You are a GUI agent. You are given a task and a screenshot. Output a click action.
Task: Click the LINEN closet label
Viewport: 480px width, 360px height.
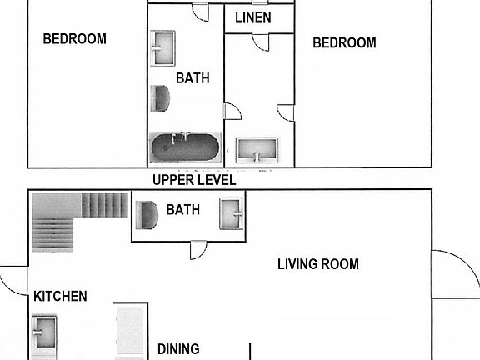click(x=253, y=17)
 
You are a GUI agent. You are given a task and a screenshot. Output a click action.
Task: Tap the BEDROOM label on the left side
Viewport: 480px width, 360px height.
click(x=75, y=38)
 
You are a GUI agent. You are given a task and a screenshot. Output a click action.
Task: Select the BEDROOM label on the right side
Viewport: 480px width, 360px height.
click(x=344, y=42)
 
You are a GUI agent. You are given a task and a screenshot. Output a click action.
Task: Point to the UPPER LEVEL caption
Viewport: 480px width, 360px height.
click(x=194, y=180)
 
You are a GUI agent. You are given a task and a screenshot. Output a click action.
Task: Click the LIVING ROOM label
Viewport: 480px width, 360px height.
click(x=317, y=264)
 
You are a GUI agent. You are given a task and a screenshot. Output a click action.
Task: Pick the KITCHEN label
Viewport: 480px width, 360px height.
click(x=60, y=296)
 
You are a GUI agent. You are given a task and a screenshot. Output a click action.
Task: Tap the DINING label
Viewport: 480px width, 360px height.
click(x=178, y=350)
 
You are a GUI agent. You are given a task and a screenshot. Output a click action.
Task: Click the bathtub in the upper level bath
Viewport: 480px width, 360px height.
click(x=185, y=147)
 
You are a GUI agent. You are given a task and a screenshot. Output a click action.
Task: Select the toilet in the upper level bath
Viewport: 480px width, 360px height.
click(x=161, y=98)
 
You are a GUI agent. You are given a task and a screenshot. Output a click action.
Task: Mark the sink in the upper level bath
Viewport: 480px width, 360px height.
click(x=163, y=47)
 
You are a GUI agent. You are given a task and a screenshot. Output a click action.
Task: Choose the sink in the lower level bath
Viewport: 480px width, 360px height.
click(x=231, y=212)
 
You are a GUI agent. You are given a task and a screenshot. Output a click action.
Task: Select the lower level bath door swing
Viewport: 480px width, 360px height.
click(x=198, y=248)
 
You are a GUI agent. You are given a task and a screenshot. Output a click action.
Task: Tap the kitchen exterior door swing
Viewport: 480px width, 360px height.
click(x=13, y=279)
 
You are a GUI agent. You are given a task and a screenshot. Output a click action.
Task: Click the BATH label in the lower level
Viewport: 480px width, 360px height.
click(x=183, y=209)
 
